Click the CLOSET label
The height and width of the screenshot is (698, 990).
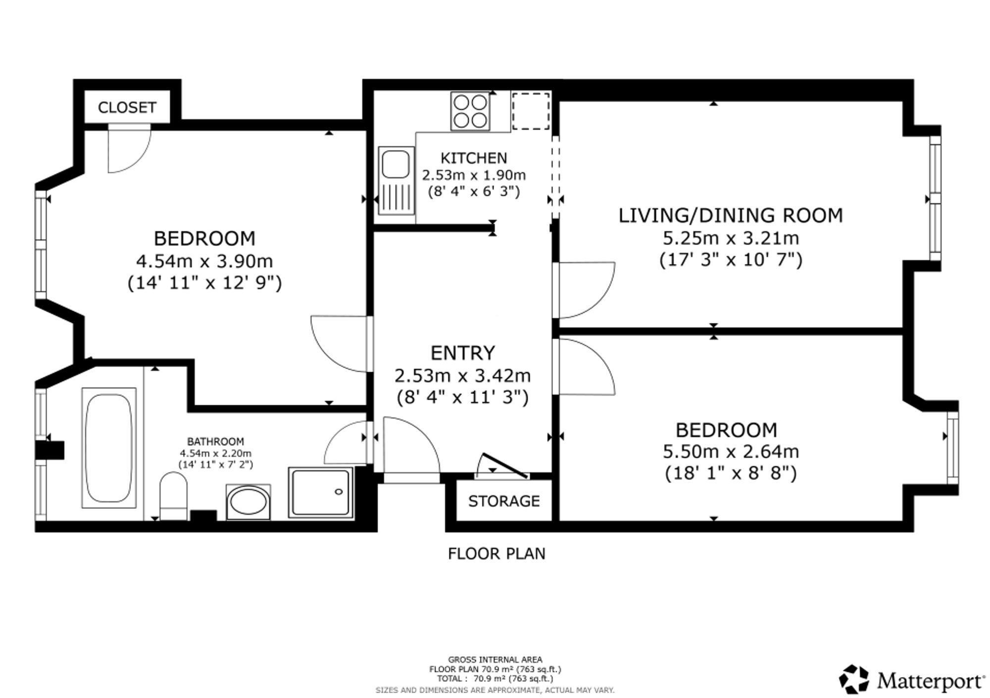(x=127, y=107)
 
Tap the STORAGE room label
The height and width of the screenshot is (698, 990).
(x=504, y=501)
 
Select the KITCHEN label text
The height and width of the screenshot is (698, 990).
(x=474, y=158)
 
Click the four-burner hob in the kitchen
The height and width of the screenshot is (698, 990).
(x=470, y=111)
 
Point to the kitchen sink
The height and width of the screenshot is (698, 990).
(x=396, y=180)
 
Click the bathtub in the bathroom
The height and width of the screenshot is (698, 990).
(x=109, y=448)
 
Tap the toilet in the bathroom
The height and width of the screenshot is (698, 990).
(x=174, y=496)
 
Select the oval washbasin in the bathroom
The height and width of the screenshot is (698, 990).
(x=248, y=502)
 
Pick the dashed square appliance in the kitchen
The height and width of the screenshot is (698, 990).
(x=531, y=111)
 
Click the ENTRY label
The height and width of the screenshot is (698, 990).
(x=462, y=353)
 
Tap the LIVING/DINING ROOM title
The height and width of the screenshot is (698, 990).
(x=731, y=215)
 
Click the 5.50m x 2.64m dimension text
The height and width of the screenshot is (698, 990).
(x=731, y=452)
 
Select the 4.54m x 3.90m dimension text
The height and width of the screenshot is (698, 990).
(x=204, y=261)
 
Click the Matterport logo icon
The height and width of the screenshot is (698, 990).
(x=854, y=680)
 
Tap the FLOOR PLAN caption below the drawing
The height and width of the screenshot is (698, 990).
(x=496, y=554)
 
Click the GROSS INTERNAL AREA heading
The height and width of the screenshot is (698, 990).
(x=495, y=660)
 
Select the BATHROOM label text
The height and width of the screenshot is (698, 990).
(x=215, y=441)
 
